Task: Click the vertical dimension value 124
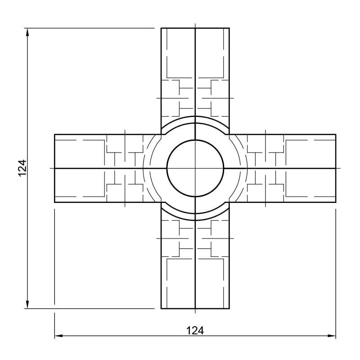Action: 22,168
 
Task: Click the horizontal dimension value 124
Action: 195,331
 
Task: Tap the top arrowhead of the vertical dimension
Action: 27,32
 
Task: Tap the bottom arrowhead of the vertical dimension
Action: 27,305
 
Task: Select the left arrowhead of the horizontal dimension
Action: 58,336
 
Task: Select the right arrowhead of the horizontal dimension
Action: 332,336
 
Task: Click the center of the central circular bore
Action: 195,168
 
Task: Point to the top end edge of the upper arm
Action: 195,28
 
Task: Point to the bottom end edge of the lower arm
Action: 195,308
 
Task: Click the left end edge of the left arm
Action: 54,168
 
